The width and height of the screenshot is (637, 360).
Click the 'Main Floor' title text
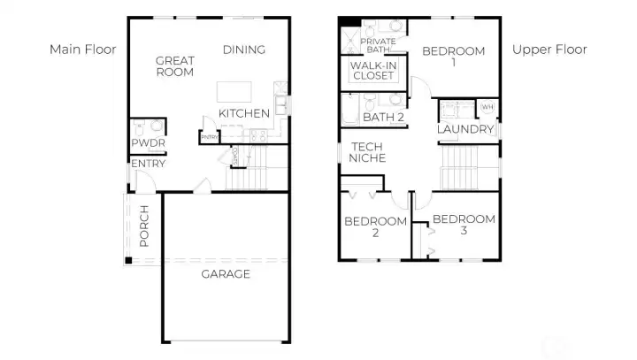tap(83, 50)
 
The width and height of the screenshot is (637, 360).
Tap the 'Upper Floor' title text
tap(549, 50)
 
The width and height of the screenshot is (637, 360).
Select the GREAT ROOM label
tap(174, 66)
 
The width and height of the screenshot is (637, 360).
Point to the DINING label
tap(244, 50)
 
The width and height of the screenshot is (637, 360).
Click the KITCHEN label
tap(244, 113)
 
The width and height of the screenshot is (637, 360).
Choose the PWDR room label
tap(147, 143)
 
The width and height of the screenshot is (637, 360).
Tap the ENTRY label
tap(148, 164)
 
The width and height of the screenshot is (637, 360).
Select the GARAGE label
tap(225, 274)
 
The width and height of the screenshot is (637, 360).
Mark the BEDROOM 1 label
tap(453, 57)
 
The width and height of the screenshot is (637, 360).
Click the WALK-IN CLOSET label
tap(372, 71)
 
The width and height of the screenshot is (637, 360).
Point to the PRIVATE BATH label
tap(378, 46)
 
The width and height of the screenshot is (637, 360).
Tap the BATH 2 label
tap(383, 117)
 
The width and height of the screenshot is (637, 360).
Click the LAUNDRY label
tap(465, 129)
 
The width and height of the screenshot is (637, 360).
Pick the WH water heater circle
tap(486, 107)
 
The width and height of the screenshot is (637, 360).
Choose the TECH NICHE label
tap(367, 152)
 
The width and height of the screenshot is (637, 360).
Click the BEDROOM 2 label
tap(375, 226)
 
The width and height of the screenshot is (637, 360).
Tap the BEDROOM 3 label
tap(464, 225)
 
